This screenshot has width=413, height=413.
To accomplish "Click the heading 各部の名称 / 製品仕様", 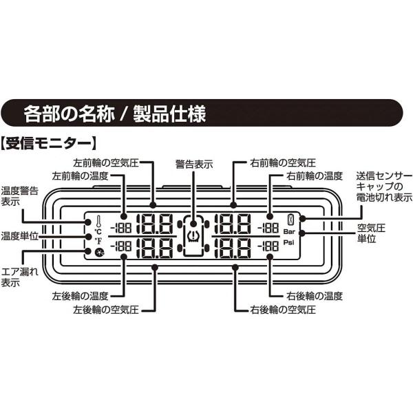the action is click(x=114, y=112).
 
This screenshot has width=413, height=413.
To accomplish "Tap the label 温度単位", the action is click(x=20, y=235).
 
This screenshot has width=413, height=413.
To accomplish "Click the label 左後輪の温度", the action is click(x=79, y=296).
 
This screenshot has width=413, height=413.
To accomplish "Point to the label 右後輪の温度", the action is click(x=315, y=296).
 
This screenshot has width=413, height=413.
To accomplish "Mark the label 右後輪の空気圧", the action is click(x=281, y=310).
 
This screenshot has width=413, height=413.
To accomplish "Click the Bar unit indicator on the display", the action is click(x=289, y=232).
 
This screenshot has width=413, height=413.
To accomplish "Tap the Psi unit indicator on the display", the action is click(x=289, y=244).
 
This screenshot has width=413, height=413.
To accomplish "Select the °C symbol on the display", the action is click(x=98, y=232).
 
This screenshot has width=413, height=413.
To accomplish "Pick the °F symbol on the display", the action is click(x=98, y=242).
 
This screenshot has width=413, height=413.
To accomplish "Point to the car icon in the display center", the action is click(x=193, y=234).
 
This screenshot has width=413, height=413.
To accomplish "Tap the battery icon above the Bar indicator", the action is click(x=289, y=220).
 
